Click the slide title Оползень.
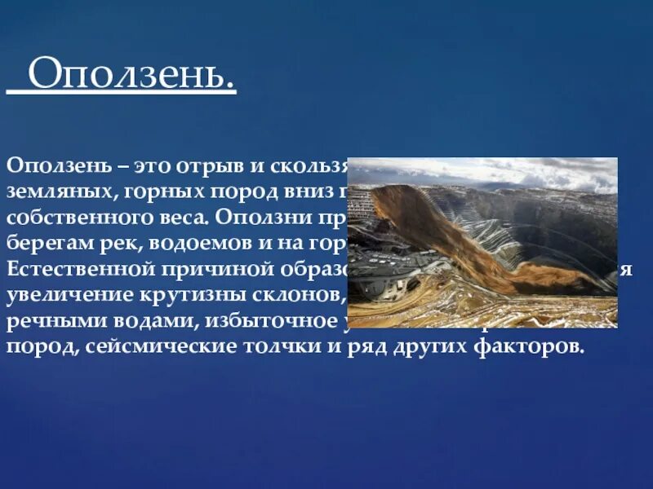click(131, 77)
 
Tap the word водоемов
click(177, 244)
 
